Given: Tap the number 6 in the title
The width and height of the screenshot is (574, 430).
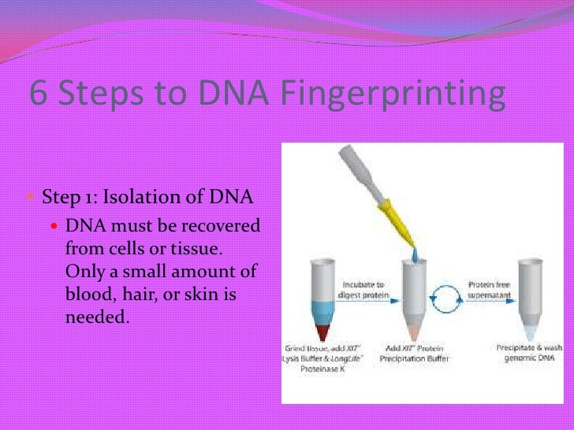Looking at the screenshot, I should coord(38,94).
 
